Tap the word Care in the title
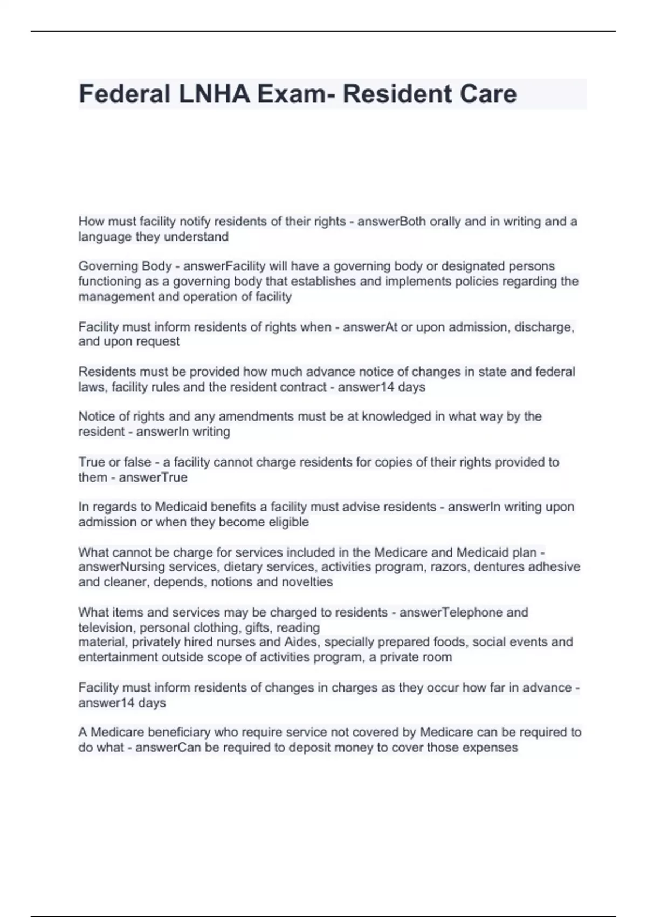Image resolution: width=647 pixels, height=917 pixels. (488, 94)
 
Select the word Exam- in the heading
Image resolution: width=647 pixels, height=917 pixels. (296, 94)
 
